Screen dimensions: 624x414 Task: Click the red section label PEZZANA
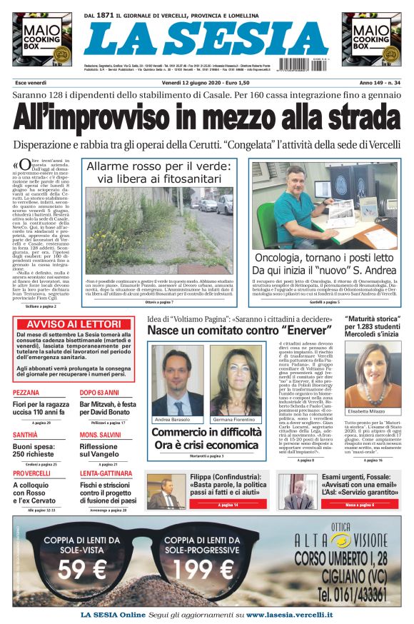[x=26, y=393]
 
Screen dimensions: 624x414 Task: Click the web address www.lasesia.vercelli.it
[x=290, y=614]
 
